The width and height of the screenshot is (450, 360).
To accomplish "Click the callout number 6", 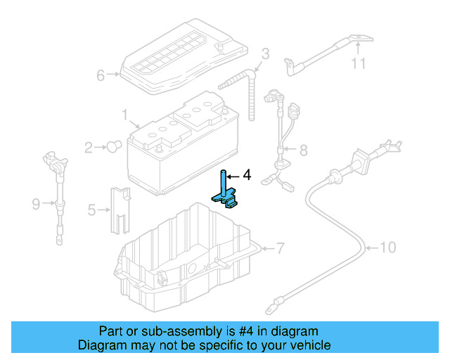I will pyautogui.click(x=101, y=75).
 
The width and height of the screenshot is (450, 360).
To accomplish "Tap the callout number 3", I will pyautogui.click(x=265, y=53).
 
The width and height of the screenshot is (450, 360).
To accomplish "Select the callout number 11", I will pyautogui.click(x=359, y=65).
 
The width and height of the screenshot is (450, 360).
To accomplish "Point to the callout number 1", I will pyautogui.click(x=124, y=114).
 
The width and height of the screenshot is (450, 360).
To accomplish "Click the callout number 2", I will pyautogui.click(x=89, y=148).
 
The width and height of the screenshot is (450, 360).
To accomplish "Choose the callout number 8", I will pyautogui.click(x=303, y=150).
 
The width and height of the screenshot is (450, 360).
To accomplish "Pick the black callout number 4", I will pyautogui.click(x=246, y=175).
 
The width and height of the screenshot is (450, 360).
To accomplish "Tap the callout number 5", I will pyautogui.click(x=91, y=209).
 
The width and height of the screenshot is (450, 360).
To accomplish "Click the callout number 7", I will pyautogui.click(x=279, y=247).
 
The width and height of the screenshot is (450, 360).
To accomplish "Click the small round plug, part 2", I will pyautogui.click(x=112, y=146).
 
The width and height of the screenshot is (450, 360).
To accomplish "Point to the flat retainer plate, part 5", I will pyautogui.click(x=120, y=209).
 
